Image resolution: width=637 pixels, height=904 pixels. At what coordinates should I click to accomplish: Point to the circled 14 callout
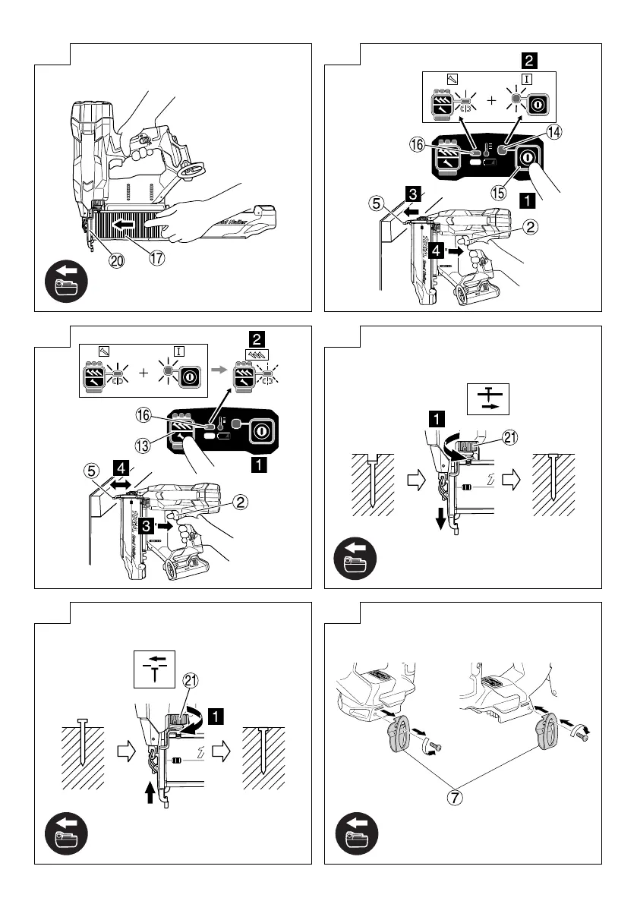(x=553, y=131)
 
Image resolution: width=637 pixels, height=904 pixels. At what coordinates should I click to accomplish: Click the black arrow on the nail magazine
(x=125, y=225)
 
